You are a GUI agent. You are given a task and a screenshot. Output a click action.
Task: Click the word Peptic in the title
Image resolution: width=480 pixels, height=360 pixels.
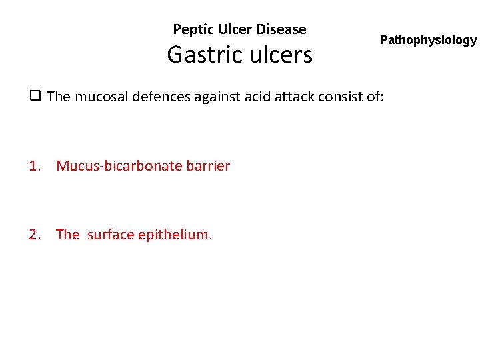pos(191,29)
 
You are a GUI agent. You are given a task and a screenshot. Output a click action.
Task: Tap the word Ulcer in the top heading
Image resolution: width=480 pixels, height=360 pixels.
pos(231,29)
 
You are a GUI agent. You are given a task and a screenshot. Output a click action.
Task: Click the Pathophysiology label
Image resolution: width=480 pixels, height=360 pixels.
pos(428,40)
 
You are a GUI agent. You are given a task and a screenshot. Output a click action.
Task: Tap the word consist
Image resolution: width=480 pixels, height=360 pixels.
pos(340,97)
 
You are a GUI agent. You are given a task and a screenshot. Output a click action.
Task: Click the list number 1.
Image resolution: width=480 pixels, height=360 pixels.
pos(35,166)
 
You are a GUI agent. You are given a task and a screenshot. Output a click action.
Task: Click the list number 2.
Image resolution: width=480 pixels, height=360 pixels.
pos(35,235)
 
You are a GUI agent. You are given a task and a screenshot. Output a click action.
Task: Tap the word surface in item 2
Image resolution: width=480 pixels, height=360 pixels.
pos(111,235)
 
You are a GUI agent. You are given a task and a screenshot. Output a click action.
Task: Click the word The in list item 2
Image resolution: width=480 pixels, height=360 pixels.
pos(68,235)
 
